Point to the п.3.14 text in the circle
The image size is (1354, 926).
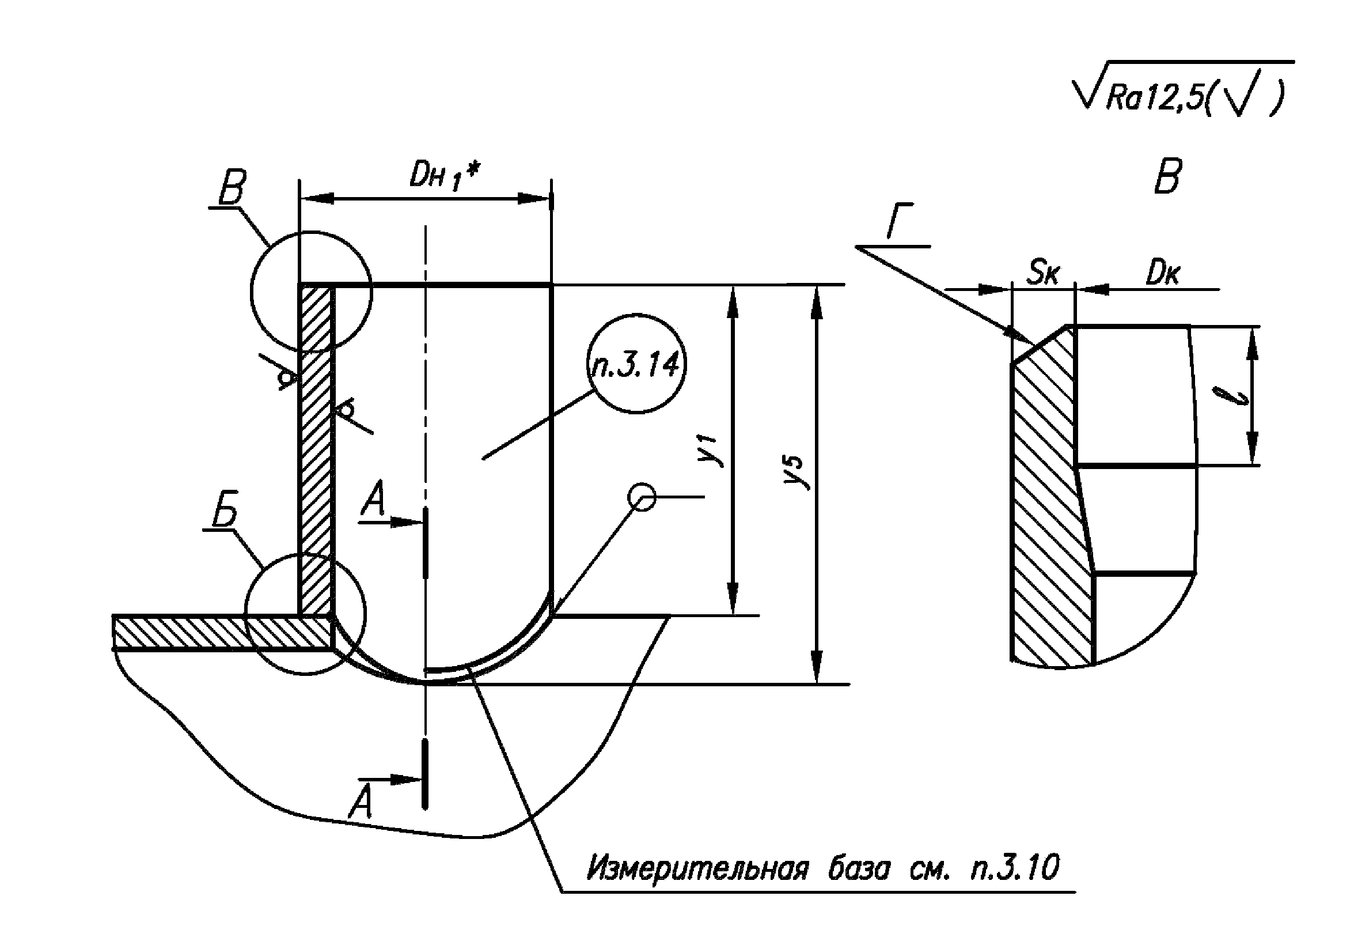tap(636, 365)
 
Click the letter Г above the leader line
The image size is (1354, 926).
tap(900, 221)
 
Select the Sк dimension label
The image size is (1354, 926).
tap(1044, 271)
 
